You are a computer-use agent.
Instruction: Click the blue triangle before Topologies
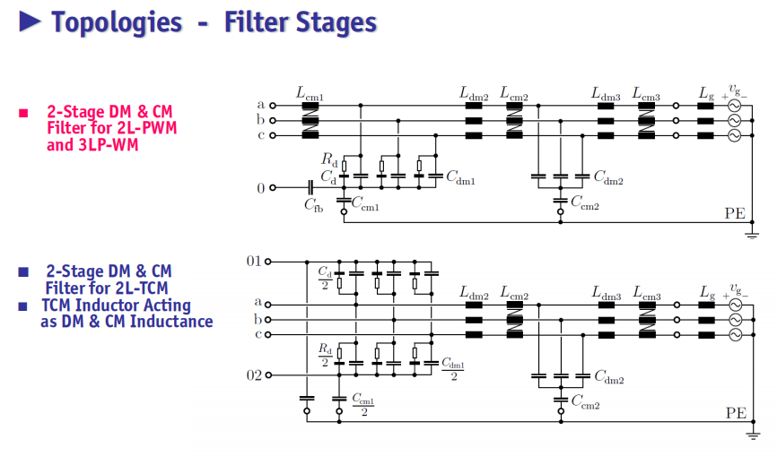pyautogui.click(x=30, y=22)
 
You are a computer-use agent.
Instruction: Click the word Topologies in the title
pyautogui.click(x=117, y=22)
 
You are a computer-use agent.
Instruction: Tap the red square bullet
pyautogui.click(x=23, y=113)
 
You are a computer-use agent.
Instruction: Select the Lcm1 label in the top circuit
pyautogui.click(x=310, y=93)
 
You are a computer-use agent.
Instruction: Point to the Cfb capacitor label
pyautogui.click(x=314, y=205)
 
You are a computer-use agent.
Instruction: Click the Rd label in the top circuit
pyautogui.click(x=329, y=159)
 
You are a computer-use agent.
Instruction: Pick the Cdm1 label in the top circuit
pyautogui.click(x=461, y=177)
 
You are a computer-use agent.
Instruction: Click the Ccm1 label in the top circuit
pyautogui.click(x=365, y=203)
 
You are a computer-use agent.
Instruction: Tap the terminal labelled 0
pyautogui.click(x=272, y=188)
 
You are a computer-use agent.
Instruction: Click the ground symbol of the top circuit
pyautogui.click(x=752, y=236)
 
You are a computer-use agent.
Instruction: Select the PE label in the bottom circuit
pyautogui.click(x=736, y=413)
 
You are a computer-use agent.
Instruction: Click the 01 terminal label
pyautogui.click(x=254, y=261)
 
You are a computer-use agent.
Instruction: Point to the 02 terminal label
pyautogui.click(x=254, y=375)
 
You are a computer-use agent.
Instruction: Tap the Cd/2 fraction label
pyautogui.click(x=325, y=278)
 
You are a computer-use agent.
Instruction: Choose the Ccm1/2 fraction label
pyautogui.click(x=363, y=404)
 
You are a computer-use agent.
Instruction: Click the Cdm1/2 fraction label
pyautogui.click(x=453, y=369)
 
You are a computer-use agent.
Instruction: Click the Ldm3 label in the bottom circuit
pyautogui.click(x=606, y=293)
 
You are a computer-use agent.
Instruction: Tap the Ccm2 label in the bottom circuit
pyautogui.click(x=585, y=401)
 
